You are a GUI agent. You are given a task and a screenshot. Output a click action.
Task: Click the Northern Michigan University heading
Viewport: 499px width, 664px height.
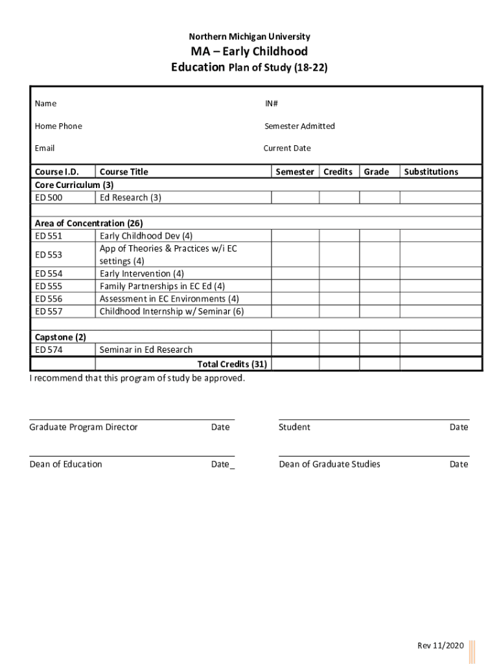point(250,37)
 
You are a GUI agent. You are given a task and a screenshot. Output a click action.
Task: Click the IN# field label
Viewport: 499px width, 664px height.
point(271,104)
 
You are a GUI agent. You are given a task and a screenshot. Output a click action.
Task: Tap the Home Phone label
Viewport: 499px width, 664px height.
point(58,126)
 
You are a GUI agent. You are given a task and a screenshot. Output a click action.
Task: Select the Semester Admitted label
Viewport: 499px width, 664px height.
point(299,126)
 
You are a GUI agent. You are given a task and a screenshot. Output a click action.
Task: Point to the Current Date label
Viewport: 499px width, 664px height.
point(287,148)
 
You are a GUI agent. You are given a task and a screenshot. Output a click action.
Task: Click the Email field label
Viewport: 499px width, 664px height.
point(45,148)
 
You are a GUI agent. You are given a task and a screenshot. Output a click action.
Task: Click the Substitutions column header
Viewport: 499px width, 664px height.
point(431,172)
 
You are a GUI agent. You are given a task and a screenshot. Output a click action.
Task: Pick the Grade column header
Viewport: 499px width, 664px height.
point(377,172)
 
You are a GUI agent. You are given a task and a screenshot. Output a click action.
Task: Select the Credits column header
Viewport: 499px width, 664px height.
point(338,172)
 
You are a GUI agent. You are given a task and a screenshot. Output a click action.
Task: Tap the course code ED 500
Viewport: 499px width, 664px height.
point(49,197)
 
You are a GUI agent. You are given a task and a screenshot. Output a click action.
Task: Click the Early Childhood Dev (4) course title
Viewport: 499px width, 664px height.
point(146,236)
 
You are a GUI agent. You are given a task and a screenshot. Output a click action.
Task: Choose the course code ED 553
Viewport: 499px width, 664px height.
point(49,255)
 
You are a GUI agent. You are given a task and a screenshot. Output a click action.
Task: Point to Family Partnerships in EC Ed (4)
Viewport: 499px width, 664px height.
point(162,286)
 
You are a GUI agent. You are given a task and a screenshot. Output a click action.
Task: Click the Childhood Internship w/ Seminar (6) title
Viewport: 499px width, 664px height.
point(172,311)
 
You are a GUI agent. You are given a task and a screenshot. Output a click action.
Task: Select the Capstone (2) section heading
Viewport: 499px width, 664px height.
point(60,337)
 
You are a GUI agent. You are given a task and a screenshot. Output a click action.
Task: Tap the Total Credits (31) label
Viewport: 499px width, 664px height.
point(232,364)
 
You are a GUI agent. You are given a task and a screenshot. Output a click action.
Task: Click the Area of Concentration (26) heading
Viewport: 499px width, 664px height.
point(89,224)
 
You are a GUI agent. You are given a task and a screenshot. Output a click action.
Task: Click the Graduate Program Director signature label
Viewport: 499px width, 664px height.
point(84,427)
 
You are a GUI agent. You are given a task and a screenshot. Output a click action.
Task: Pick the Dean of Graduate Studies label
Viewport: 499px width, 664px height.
point(329,464)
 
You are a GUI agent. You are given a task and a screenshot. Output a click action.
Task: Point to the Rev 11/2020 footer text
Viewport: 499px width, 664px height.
point(441,645)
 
